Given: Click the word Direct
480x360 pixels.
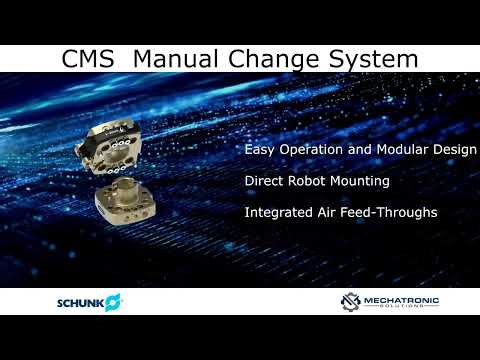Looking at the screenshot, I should [x=263, y=182].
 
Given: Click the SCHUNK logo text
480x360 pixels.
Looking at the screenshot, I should [x=80, y=301].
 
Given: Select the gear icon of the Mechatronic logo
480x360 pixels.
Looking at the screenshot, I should [x=349, y=301].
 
